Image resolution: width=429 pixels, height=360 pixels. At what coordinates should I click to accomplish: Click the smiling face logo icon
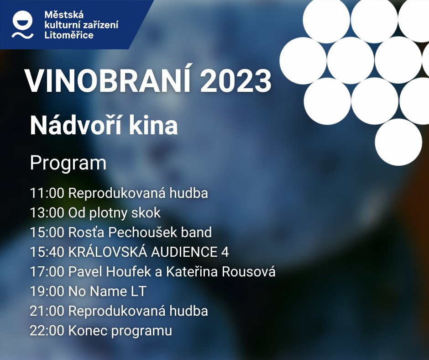22,24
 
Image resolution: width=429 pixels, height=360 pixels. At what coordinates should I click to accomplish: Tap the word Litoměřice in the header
68,35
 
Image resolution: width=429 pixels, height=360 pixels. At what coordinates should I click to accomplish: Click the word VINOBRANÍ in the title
108,81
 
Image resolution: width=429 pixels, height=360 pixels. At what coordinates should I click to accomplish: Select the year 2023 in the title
235,81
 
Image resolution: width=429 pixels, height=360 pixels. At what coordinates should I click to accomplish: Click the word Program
68,164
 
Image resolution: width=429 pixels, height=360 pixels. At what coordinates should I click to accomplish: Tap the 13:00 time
47,213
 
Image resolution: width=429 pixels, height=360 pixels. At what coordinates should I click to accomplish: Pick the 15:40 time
47,252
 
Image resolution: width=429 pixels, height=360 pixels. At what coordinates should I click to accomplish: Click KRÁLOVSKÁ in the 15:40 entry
108,252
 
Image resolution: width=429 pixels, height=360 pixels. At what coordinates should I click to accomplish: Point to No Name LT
107,291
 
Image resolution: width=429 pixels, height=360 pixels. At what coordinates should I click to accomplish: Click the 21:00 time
47,311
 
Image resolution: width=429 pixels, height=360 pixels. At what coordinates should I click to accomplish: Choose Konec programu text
120,331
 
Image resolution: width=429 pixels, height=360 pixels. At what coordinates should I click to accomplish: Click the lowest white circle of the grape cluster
398,142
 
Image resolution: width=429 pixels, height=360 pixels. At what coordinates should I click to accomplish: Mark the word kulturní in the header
58,25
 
